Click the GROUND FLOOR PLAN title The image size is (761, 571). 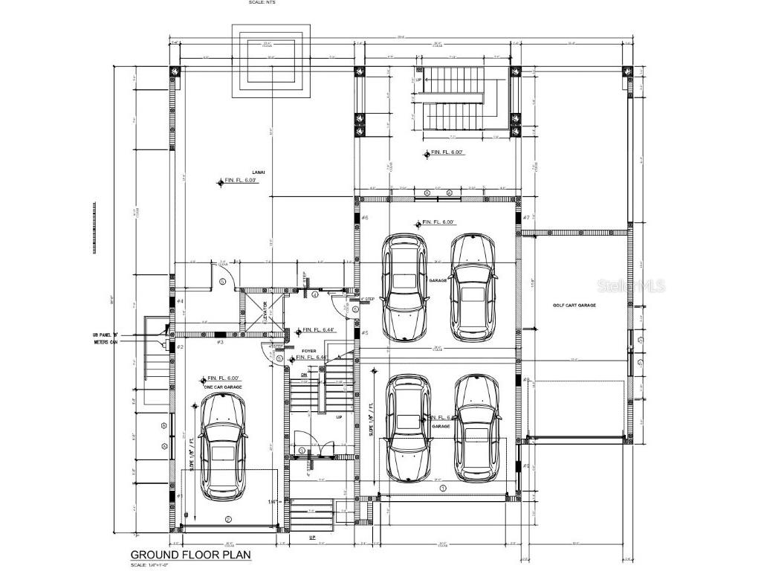[x=191, y=555]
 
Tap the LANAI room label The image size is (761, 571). [x=259, y=172]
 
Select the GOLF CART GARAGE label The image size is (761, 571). [x=575, y=306]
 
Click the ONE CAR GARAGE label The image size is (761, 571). [x=222, y=387]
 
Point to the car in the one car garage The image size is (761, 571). [x=222, y=445]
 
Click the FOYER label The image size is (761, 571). [x=308, y=350]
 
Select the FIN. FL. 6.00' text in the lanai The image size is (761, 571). [x=241, y=181]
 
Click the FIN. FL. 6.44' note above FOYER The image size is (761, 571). [x=319, y=330]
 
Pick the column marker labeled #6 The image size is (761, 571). [x=364, y=217]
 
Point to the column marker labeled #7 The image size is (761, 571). [x=526, y=217]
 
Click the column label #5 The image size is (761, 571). [x=364, y=332]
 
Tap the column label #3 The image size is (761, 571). [x=220, y=341]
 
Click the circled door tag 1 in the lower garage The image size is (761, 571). [x=443, y=488]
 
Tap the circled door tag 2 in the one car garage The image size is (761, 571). [x=228, y=519]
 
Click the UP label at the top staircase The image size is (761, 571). [x=418, y=79]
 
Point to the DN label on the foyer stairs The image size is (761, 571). [x=304, y=375]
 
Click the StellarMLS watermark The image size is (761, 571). [x=634, y=286]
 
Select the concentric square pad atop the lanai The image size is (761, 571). [x=270, y=61]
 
